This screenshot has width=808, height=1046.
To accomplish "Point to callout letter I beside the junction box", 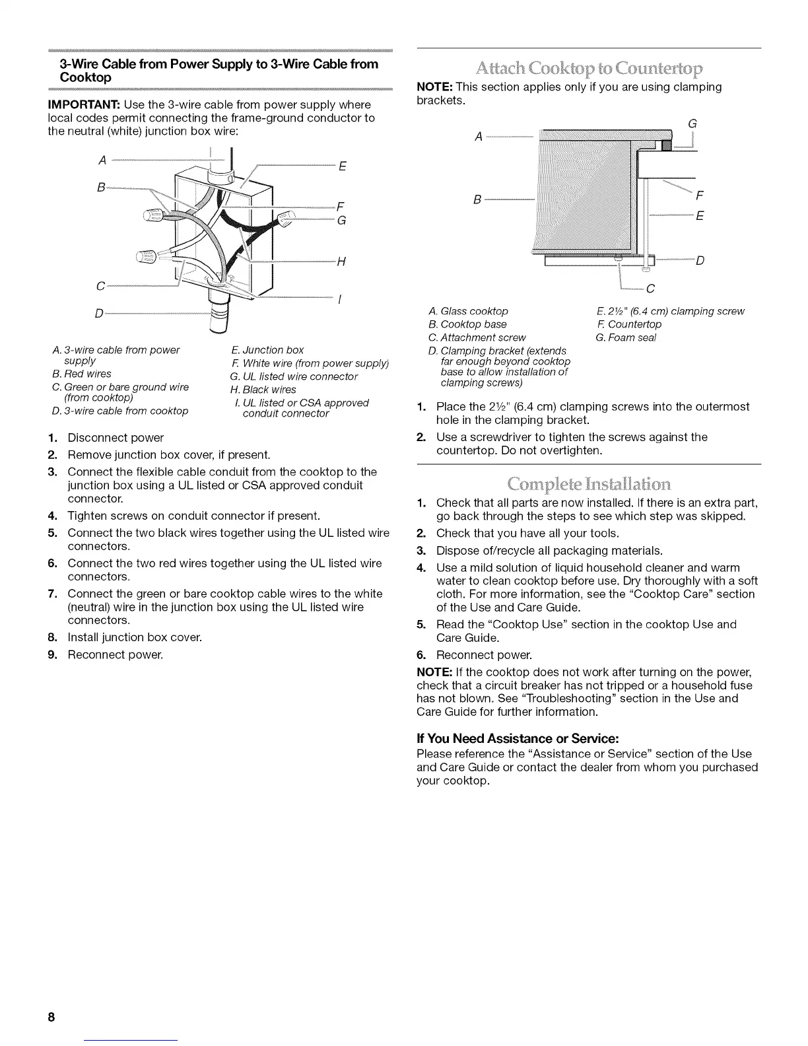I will (x=339, y=298).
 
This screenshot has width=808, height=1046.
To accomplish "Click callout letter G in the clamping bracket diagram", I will (x=692, y=124).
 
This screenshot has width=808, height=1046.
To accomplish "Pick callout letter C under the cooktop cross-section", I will (x=650, y=288).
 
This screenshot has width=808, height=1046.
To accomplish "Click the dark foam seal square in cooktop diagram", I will (x=666, y=146).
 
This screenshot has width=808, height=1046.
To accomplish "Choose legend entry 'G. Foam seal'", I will (x=626, y=338).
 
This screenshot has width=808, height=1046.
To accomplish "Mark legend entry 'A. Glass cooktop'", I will (x=468, y=311).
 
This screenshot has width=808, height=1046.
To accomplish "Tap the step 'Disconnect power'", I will (x=116, y=438).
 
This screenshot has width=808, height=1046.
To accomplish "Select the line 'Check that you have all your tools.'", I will (x=527, y=534).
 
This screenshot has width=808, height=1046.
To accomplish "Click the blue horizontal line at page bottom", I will (x=131, y=1039).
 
